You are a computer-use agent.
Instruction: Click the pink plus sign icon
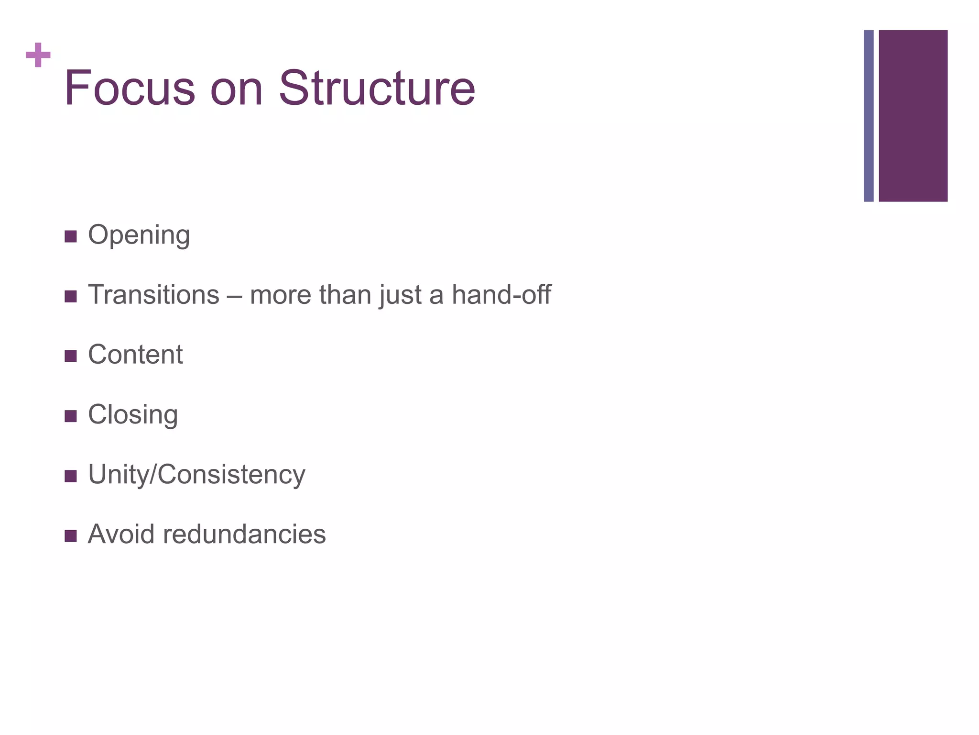pyautogui.click(x=38, y=55)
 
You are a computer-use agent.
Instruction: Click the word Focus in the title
pyautogui.click(x=130, y=88)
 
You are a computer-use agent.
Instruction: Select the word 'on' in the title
pyautogui.click(x=237, y=89)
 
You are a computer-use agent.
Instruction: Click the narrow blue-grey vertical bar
pyautogui.click(x=869, y=116)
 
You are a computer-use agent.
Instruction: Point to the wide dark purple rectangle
pyautogui.click(x=913, y=116)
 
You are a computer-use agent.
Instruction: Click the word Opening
pyautogui.click(x=139, y=235)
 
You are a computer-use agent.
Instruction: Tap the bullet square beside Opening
pyautogui.click(x=70, y=236)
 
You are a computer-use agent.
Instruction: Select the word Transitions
pyautogui.click(x=153, y=295)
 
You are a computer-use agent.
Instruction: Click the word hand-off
pyautogui.click(x=501, y=295)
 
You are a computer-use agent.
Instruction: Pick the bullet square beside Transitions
pyautogui.click(x=70, y=296)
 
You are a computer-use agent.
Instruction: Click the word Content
pyautogui.click(x=135, y=355)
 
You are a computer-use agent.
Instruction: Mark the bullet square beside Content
pyautogui.click(x=70, y=356)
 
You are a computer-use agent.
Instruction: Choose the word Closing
pyautogui.click(x=133, y=415)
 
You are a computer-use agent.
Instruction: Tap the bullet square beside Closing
pyautogui.click(x=70, y=416)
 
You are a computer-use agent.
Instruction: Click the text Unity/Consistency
pyautogui.click(x=196, y=475)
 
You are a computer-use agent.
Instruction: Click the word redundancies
pyautogui.click(x=244, y=534)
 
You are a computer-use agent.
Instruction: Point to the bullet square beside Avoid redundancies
pyautogui.click(x=70, y=535)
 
